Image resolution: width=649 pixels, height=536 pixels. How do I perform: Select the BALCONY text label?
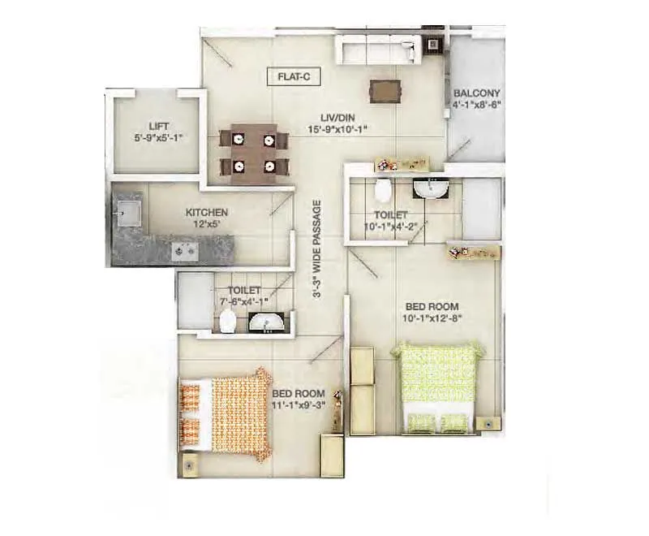[477, 93]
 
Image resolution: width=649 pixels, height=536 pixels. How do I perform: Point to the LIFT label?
[158, 126]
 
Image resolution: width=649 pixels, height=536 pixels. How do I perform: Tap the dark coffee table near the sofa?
[385, 90]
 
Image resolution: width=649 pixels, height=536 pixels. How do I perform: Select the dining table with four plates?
[253, 151]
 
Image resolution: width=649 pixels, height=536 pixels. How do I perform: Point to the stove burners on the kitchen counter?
[184, 251]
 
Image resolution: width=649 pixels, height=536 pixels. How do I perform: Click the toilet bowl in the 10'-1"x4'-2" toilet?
[383, 192]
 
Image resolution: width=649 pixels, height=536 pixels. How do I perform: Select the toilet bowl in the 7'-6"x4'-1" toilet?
[226, 322]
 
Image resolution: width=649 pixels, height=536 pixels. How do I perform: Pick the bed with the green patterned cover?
[438, 387]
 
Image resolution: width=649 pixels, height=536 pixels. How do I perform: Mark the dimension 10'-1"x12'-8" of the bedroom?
[432, 318]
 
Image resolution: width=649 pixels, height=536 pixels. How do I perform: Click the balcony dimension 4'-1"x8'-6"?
[477, 105]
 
